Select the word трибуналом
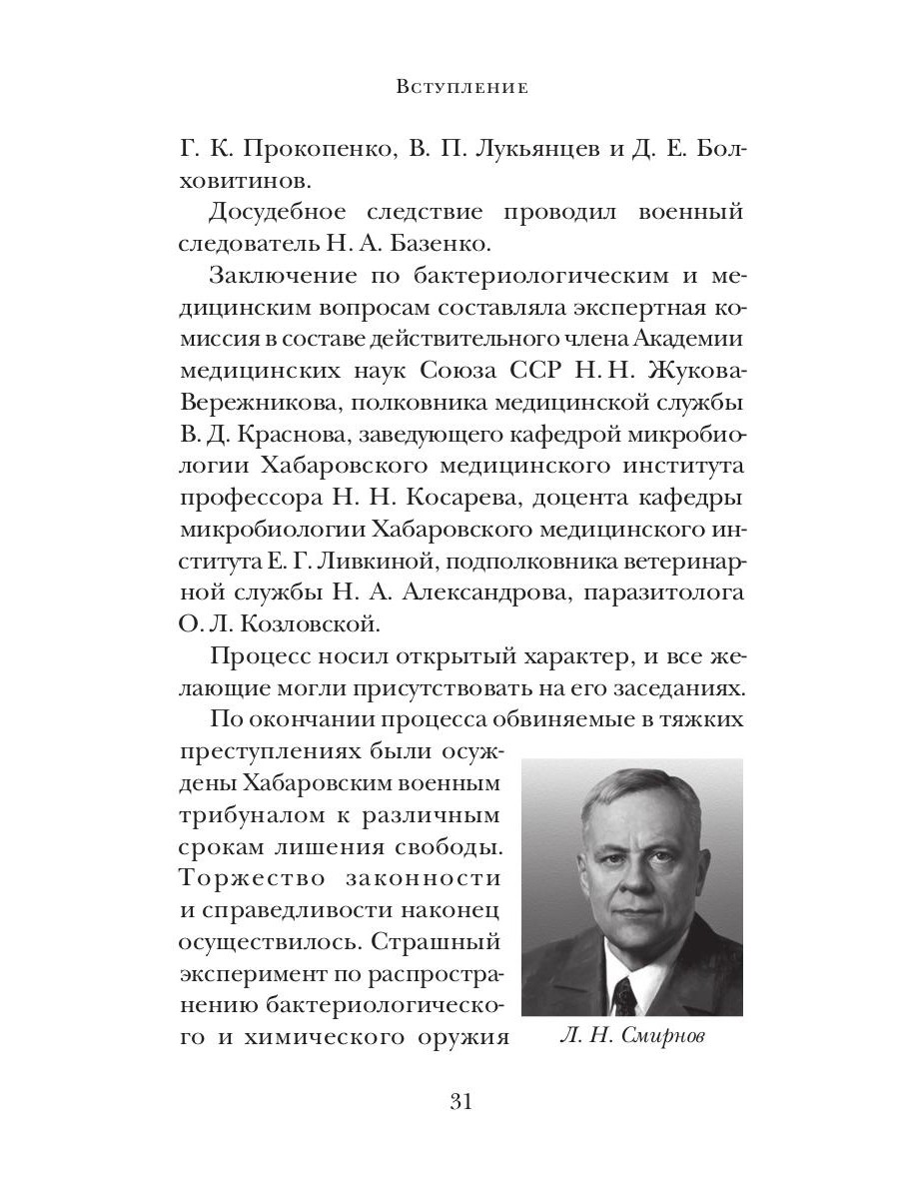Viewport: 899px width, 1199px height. (252, 817)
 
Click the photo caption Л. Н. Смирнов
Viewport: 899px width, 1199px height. (631, 1038)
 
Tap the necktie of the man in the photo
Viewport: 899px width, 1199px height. (626, 993)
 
